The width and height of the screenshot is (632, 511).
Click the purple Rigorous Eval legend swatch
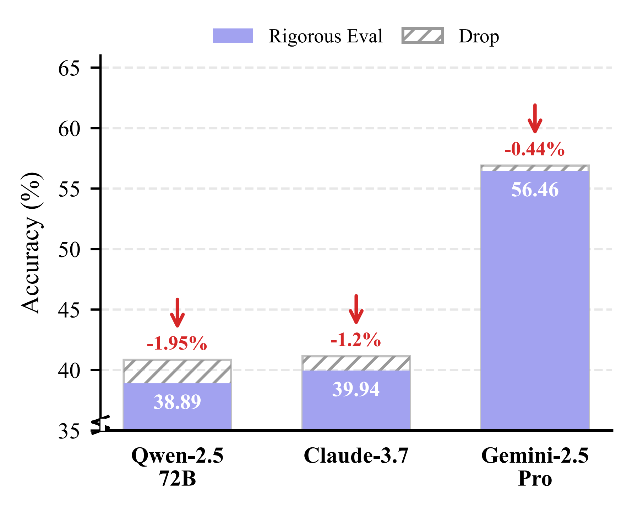(x=233, y=36)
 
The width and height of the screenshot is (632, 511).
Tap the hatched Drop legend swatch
(x=423, y=36)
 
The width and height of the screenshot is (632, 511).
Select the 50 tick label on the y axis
(x=69, y=250)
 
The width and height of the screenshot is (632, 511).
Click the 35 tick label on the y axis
(x=69, y=432)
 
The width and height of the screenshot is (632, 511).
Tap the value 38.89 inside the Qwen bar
(x=177, y=402)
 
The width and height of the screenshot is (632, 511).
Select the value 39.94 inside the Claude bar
(x=356, y=389)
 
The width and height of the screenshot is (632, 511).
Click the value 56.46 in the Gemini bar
(x=535, y=190)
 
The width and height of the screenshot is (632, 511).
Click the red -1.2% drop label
(x=356, y=340)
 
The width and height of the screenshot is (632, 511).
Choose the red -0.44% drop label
(x=534, y=149)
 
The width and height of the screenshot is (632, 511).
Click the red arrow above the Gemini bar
(x=535, y=118)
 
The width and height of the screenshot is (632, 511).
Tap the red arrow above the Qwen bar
(x=177, y=313)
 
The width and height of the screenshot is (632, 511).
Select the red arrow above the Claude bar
(x=356, y=309)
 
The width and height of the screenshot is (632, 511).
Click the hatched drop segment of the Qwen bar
(x=177, y=372)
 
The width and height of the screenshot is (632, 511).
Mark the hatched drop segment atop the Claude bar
(x=356, y=363)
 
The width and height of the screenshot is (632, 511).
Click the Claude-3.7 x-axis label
(x=356, y=456)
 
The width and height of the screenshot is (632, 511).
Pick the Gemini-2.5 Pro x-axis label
(x=535, y=467)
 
